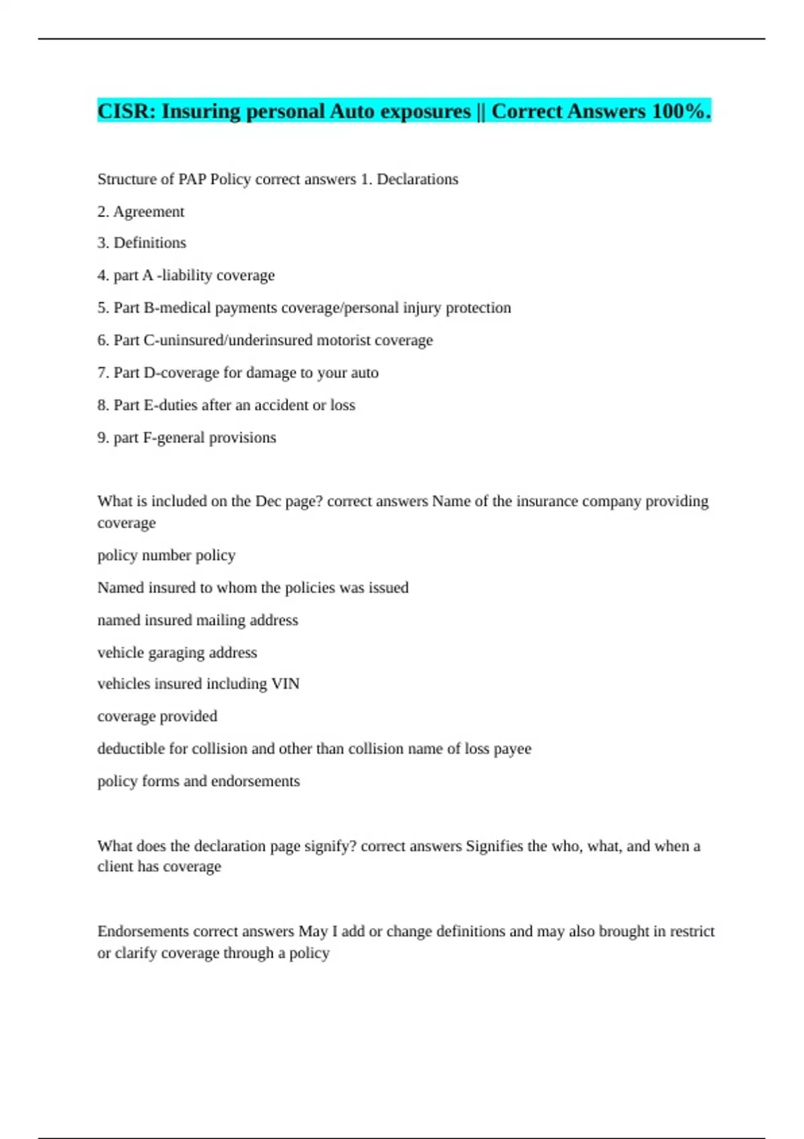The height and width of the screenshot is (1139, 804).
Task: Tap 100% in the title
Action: tap(677, 111)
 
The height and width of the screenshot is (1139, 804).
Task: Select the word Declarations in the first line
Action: tap(417, 180)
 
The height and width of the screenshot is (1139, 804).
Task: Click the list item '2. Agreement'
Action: tap(141, 212)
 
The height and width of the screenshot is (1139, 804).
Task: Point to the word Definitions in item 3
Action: tap(150, 243)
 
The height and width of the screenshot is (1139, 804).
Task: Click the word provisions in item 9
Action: tap(243, 438)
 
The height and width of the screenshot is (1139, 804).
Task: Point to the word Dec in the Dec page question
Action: tap(268, 501)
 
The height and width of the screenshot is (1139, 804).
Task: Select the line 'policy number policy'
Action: tap(166, 555)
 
